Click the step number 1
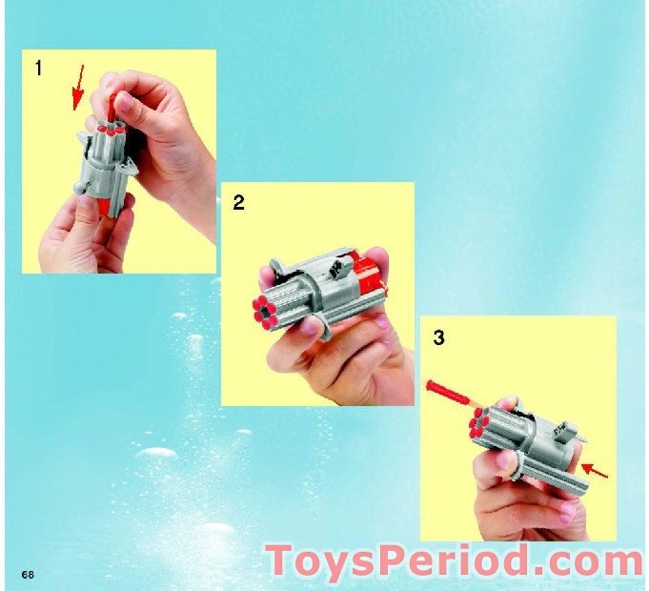(x=38, y=69)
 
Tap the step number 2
(x=238, y=202)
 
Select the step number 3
(x=438, y=336)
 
